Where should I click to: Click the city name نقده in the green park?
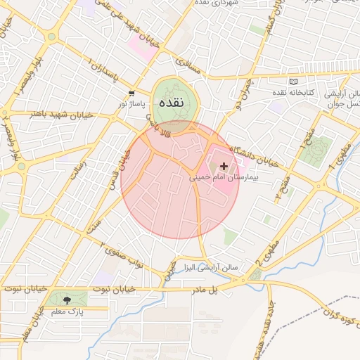(x=172, y=103)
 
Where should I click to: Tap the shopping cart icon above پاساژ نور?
(x=131, y=94)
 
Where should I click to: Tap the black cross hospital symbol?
(x=224, y=167)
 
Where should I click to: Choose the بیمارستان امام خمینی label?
(x=224, y=178)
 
